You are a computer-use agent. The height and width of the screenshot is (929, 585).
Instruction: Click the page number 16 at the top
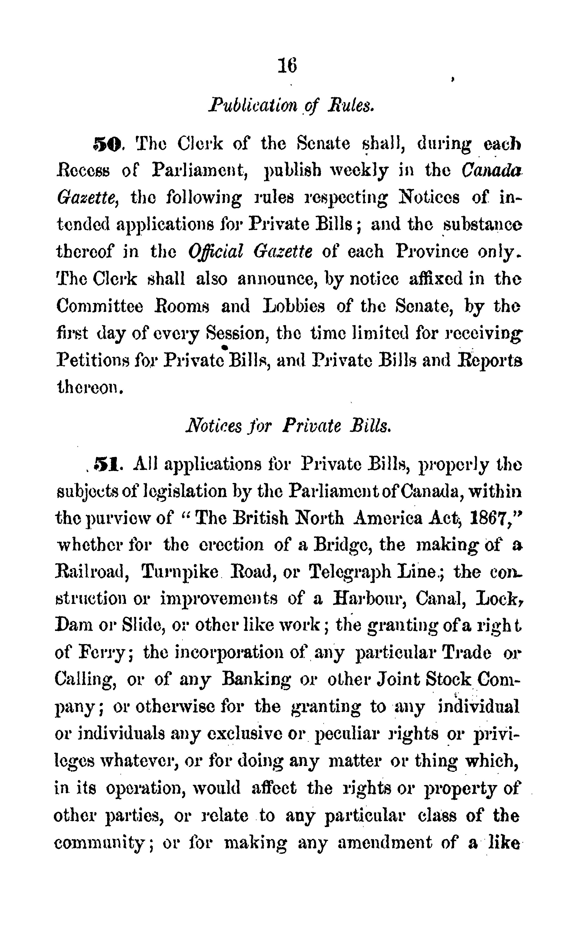pyautogui.click(x=287, y=66)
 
